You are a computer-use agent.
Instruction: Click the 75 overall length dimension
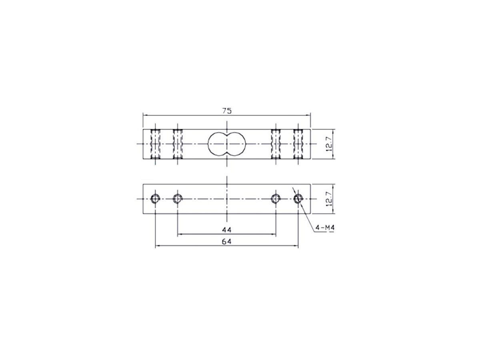point(226,111)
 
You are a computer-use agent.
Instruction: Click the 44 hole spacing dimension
point(226,229)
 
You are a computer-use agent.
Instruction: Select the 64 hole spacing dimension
point(226,242)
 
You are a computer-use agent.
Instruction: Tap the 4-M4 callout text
point(323,227)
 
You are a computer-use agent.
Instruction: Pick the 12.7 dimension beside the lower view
point(328,199)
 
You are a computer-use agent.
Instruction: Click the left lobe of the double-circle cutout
point(218,144)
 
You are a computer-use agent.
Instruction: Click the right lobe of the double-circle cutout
point(236,144)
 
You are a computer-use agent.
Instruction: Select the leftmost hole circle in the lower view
point(155,199)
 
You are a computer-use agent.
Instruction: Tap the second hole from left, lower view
point(177,199)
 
